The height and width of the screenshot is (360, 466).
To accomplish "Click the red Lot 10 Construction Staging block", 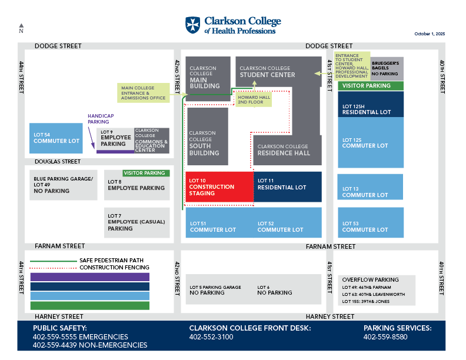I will point(219,187).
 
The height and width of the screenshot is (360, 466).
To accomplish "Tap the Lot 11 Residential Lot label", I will point(282,184).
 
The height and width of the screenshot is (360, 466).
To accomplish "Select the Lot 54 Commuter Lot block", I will point(56,138).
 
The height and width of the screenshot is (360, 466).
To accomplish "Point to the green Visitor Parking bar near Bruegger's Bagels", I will point(370,86).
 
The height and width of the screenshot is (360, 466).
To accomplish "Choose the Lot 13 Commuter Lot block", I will point(370,187).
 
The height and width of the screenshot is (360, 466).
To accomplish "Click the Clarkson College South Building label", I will point(205,143).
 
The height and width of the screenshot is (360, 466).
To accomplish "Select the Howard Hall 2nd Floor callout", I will point(254,99).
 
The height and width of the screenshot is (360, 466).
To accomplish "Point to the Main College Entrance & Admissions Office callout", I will point(144,92).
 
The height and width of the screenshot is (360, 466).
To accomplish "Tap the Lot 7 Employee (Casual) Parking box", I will point(137,222).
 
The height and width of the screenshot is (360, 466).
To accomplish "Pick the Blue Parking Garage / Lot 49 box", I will point(64,185).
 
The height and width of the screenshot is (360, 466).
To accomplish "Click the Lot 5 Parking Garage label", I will point(215,289).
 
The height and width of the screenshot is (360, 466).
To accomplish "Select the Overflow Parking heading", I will point(370,280).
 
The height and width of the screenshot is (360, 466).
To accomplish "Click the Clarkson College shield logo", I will point(192,25).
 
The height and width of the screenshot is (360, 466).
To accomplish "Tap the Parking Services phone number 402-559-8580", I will point(386,337).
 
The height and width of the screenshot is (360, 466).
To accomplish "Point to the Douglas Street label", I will point(58,161).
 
